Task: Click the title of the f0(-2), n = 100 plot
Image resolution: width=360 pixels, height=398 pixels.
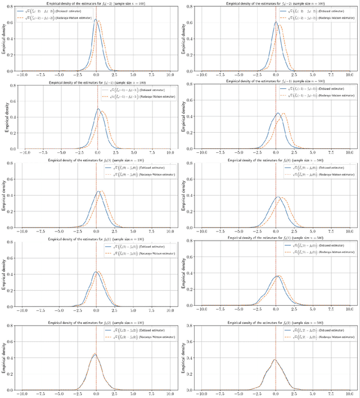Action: coord(96,4)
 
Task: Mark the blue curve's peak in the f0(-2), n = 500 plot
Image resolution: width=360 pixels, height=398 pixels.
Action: coord(276,22)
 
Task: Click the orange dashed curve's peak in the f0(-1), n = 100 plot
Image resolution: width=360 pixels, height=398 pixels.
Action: coord(103,111)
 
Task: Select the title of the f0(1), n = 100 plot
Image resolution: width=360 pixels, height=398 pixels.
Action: coord(96,239)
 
